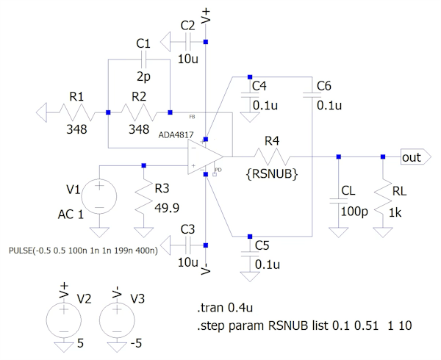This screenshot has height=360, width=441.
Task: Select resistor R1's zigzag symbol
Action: pyautogui.click(x=77, y=112)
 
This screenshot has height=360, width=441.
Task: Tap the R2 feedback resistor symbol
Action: pyautogui.click(x=139, y=112)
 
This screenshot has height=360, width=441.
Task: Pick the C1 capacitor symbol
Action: pyautogui.click(x=143, y=57)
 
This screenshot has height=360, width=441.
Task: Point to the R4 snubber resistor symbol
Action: pyautogui.click(x=272, y=156)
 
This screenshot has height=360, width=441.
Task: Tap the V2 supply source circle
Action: pyautogui.click(x=63, y=320)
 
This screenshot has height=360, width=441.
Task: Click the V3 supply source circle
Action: pyautogui.click(x=118, y=320)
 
